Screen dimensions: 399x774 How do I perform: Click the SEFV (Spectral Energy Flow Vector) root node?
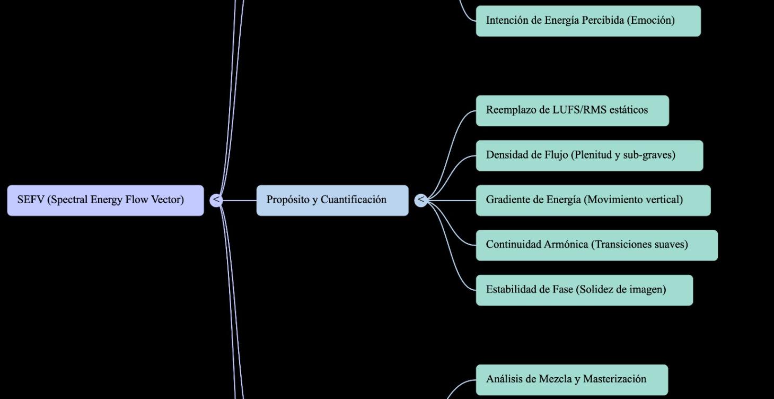click(105, 200)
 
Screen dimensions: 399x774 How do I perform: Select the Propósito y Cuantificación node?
click(332, 200)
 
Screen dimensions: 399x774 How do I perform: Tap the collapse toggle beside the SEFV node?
click(216, 200)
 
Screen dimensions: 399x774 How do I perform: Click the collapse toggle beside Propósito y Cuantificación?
click(420, 200)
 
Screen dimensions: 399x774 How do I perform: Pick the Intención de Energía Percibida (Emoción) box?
click(588, 21)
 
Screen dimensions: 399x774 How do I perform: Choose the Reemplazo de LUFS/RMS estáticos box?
click(572, 110)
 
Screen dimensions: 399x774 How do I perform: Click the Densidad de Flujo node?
click(589, 155)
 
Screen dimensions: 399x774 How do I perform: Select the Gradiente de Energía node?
click(593, 200)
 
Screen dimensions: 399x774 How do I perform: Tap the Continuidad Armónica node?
click(596, 245)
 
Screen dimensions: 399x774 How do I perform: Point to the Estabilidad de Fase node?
click(584, 290)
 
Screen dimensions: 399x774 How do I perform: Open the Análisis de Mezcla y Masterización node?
click(571, 379)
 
